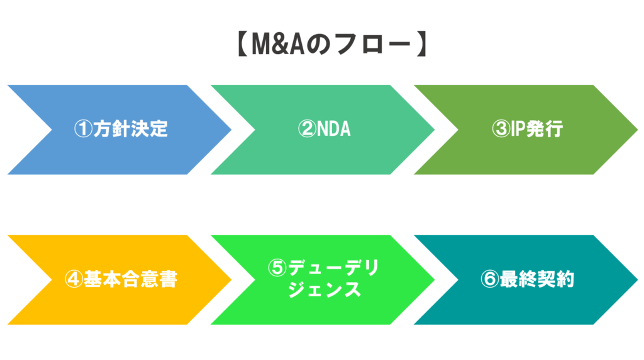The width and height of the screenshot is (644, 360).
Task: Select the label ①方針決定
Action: (121, 129)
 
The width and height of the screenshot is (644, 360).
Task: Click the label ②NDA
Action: (324, 129)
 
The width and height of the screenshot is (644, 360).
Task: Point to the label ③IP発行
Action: (527, 129)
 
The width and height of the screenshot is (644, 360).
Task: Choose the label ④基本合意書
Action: (121, 279)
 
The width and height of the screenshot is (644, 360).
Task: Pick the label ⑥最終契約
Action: (527, 279)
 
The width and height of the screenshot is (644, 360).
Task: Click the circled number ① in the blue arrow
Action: (83, 129)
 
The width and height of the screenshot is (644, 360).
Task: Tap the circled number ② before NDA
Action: (306, 129)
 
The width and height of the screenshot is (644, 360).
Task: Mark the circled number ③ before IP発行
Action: (500, 129)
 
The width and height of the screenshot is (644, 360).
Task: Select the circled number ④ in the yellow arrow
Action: (74, 279)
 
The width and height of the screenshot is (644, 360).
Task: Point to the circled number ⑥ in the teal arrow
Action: (489, 279)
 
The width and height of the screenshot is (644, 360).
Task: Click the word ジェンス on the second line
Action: (325, 290)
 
